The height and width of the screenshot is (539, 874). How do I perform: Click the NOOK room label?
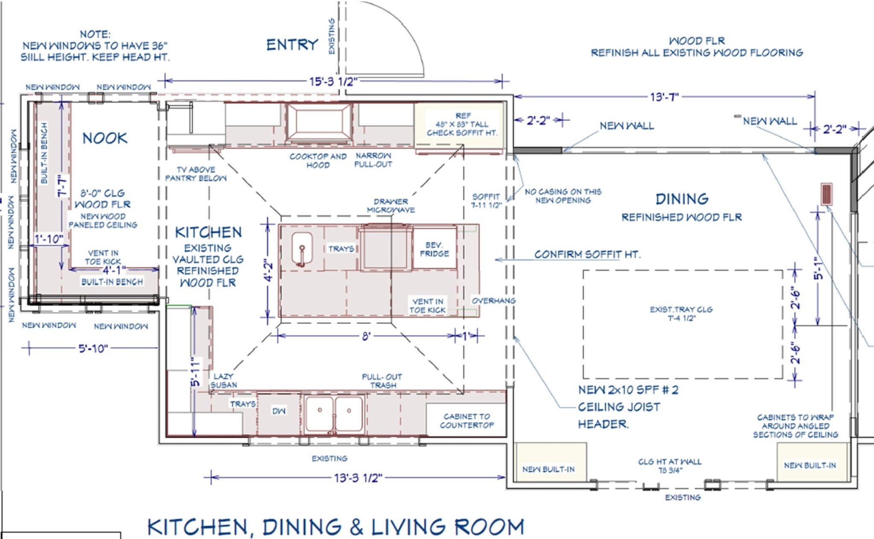[105, 138]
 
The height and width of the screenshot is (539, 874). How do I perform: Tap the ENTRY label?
[292, 45]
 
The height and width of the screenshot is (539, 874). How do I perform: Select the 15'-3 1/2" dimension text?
[333, 81]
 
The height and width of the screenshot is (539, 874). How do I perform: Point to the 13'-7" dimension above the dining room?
[664, 97]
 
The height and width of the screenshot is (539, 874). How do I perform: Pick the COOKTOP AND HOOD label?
[318, 161]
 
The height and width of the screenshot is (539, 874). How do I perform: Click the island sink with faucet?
[302, 249]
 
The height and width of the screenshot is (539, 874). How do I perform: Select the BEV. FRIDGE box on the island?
[434, 248]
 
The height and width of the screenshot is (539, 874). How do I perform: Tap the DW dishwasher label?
[279, 411]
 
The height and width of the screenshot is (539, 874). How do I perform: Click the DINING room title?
[682, 199]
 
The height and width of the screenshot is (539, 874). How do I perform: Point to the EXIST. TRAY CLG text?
[681, 310]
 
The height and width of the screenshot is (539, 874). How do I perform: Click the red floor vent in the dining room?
[827, 194]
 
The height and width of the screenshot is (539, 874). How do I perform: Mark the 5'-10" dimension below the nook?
[93, 348]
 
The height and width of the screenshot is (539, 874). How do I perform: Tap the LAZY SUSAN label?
[223, 380]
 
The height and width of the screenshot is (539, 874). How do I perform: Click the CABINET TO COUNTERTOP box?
[466, 420]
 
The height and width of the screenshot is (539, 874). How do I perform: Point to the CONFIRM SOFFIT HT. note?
[587, 255]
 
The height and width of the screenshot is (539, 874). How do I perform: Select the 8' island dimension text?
[366, 336]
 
